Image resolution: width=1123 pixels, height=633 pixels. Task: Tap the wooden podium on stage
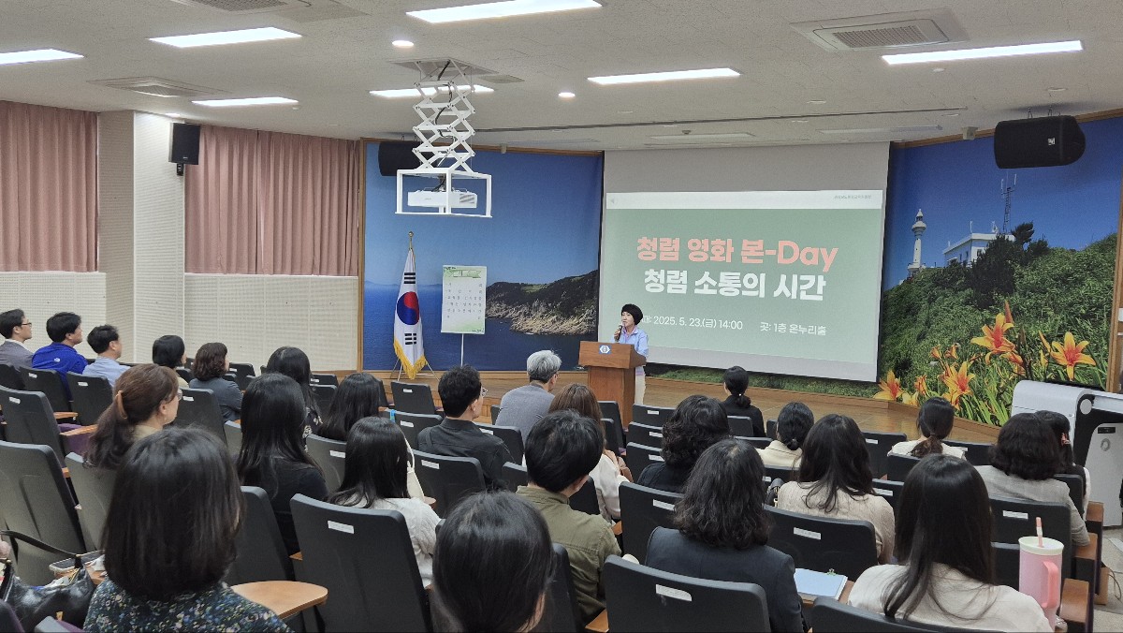tap(611, 375)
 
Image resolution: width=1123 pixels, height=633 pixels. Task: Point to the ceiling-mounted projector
tap(443, 198)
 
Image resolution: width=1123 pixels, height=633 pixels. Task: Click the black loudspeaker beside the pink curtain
tap(185, 144)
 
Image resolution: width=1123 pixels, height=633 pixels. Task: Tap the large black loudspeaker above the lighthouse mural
tap(1039, 141)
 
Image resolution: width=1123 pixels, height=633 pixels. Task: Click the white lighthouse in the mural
tap(918, 240)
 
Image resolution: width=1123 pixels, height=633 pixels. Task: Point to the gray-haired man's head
tap(543, 366)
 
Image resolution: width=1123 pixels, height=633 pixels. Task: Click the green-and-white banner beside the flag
tap(463, 299)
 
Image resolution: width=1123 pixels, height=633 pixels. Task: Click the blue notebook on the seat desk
tap(819, 583)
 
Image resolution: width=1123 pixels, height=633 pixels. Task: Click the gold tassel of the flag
tap(409, 360)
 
